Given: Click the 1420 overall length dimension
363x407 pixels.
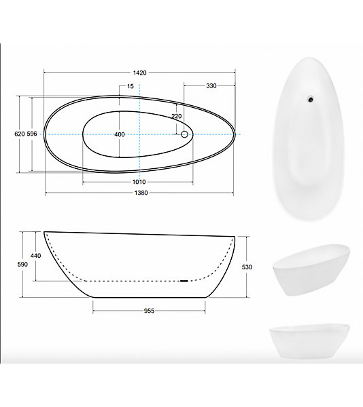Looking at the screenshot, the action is tap(140, 73).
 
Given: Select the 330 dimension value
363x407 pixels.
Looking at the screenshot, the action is tap(211, 86).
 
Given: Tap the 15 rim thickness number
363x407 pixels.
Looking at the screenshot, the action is tap(131, 86).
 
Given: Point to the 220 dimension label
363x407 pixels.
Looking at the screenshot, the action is tap(177, 116).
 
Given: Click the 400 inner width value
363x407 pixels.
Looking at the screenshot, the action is tap(120, 134).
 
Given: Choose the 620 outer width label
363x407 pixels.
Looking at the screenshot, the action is tap(20, 134).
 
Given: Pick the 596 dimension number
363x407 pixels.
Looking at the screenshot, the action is tap(32, 134).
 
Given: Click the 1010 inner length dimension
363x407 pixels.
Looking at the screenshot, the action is tap(139, 182).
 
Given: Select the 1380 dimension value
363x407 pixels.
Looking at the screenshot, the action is tap(141, 193).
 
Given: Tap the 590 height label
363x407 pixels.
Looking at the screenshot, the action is tap(22, 265).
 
